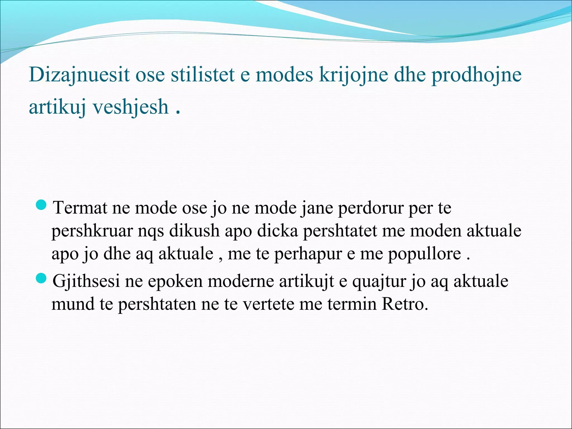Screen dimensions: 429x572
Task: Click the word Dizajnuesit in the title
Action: pyautogui.click(x=79, y=75)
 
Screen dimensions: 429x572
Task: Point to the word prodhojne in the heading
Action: pyautogui.click(x=476, y=75)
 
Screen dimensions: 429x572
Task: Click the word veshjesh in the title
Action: pyautogui.click(x=130, y=107)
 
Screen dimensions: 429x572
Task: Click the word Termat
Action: pyautogui.click(x=80, y=208)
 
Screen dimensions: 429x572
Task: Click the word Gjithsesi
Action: pyautogui.click(x=86, y=281)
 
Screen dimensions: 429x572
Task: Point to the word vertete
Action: pyautogui.click(x=268, y=304)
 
